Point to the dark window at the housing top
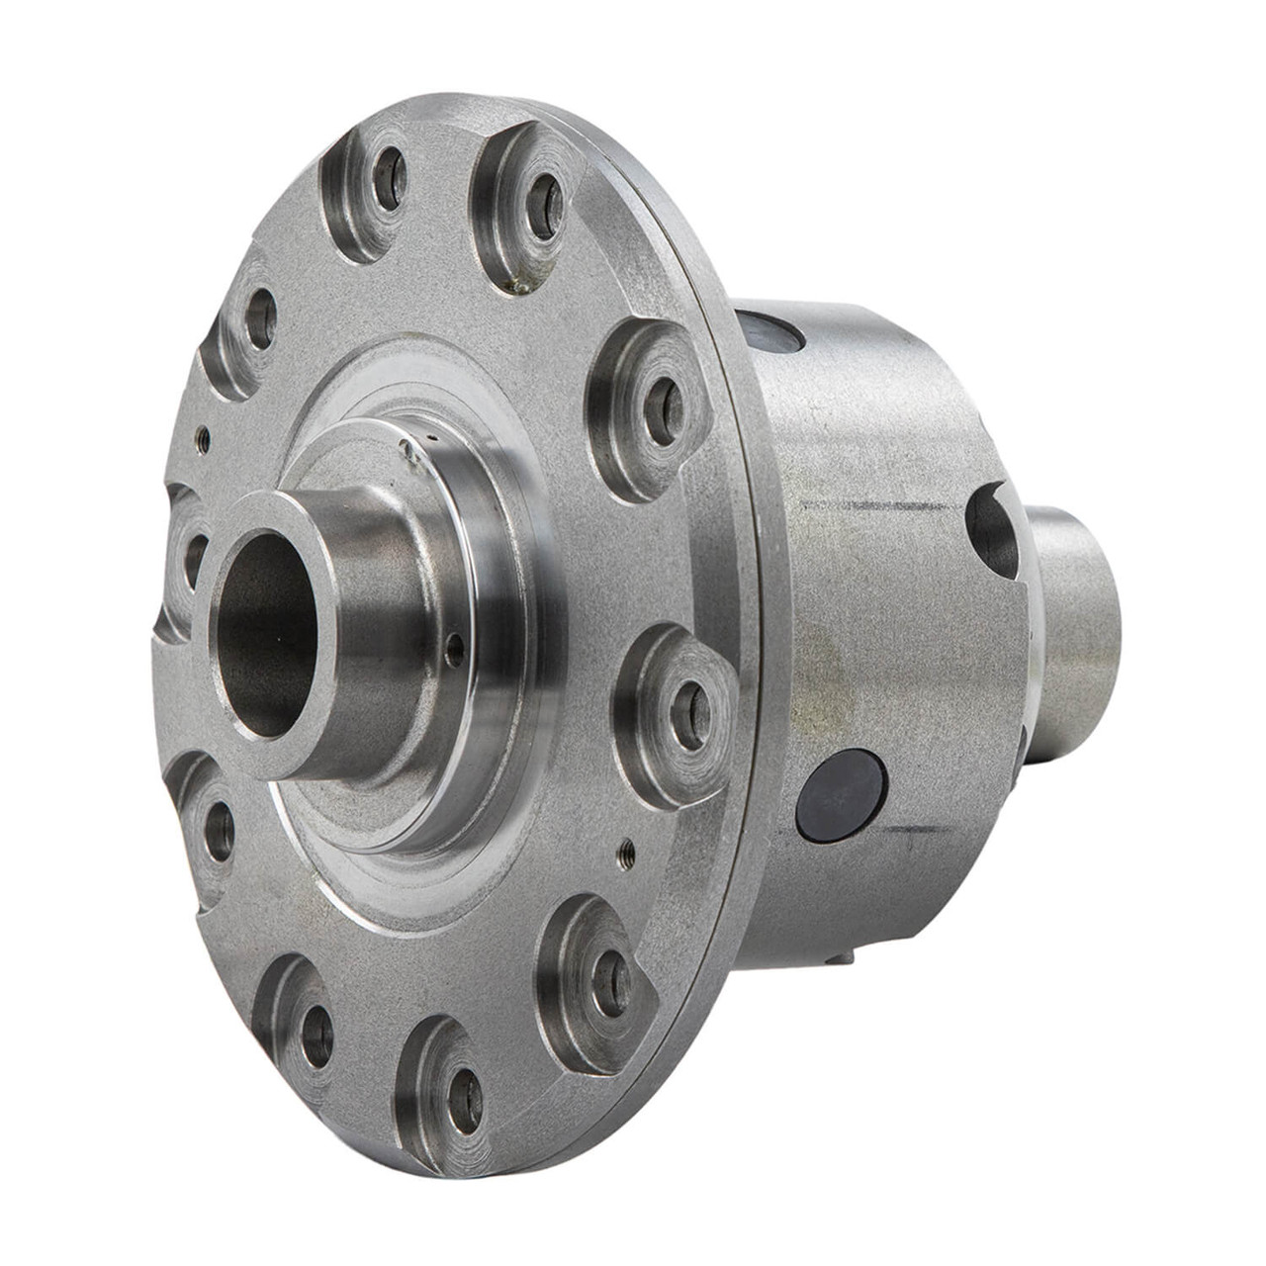pos(773,331)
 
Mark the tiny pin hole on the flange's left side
pos(202,431)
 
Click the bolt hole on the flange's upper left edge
pos(259,320)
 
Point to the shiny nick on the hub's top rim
pos(405,451)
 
